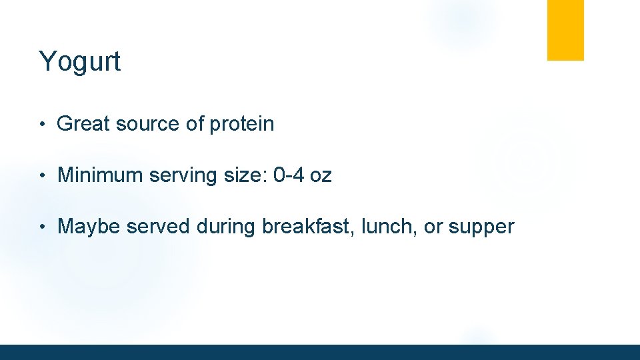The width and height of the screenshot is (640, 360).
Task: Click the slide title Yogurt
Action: click(80, 62)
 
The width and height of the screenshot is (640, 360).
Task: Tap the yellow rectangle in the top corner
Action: click(565, 30)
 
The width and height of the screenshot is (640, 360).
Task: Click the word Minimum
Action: click(101, 175)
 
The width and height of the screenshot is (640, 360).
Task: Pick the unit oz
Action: click(320, 176)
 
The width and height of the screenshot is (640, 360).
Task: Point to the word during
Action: click(226, 227)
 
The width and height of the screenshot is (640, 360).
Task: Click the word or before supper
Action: click(433, 227)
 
